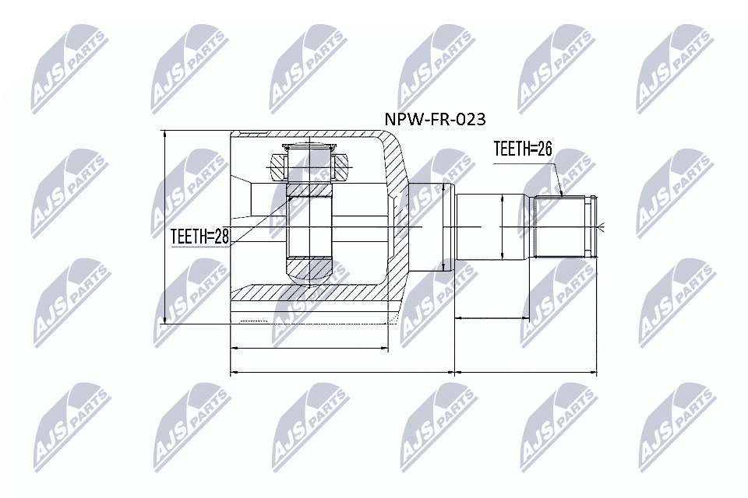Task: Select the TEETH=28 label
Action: pos(200,237)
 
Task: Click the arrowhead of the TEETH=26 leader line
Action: pos(560,194)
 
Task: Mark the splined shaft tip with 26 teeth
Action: pos(561,226)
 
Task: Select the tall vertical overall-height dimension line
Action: pos(165,226)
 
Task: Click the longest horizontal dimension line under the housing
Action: pos(343,373)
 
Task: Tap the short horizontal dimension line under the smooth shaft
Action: pos(492,317)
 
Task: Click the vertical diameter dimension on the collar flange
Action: pos(443,226)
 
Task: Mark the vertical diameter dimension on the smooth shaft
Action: pos(503,226)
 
